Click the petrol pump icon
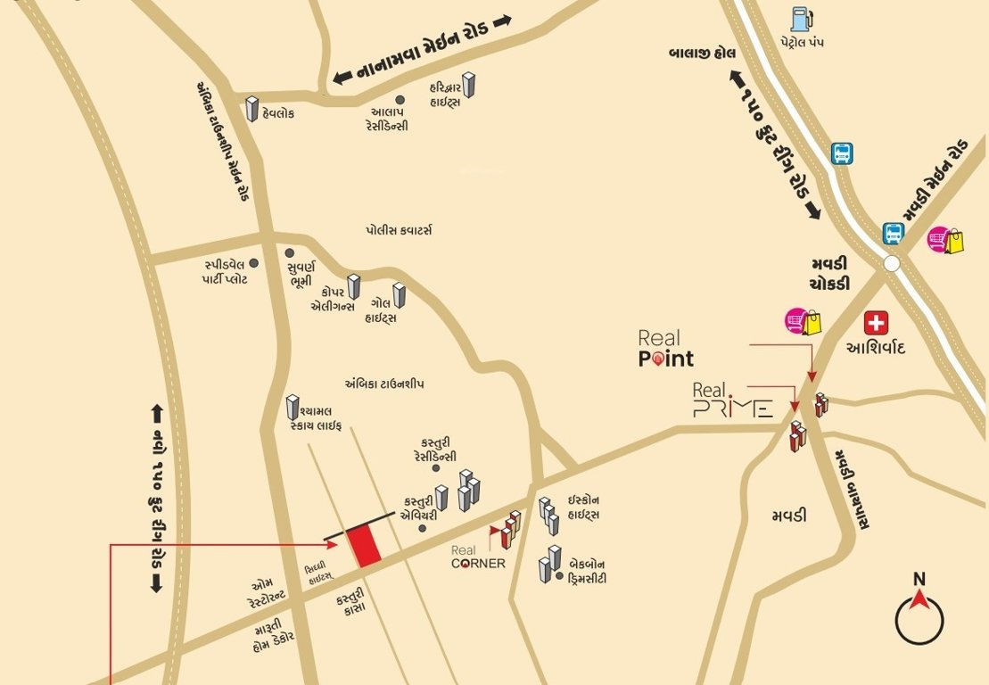click(x=799, y=19)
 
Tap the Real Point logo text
click(x=665, y=349)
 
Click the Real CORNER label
click(x=478, y=557)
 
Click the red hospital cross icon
click(x=877, y=323)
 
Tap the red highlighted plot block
click(x=364, y=545)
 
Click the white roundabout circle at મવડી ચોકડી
click(x=892, y=263)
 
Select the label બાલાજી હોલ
click(x=703, y=54)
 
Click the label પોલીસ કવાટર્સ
click(x=399, y=230)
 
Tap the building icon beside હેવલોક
click(x=252, y=109)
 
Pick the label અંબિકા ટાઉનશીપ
click(x=384, y=384)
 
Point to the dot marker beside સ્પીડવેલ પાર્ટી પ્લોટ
click(x=253, y=263)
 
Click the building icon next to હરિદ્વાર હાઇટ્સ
click(x=468, y=85)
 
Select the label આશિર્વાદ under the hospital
click(x=876, y=347)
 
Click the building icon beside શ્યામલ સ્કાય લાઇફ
click(x=293, y=408)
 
